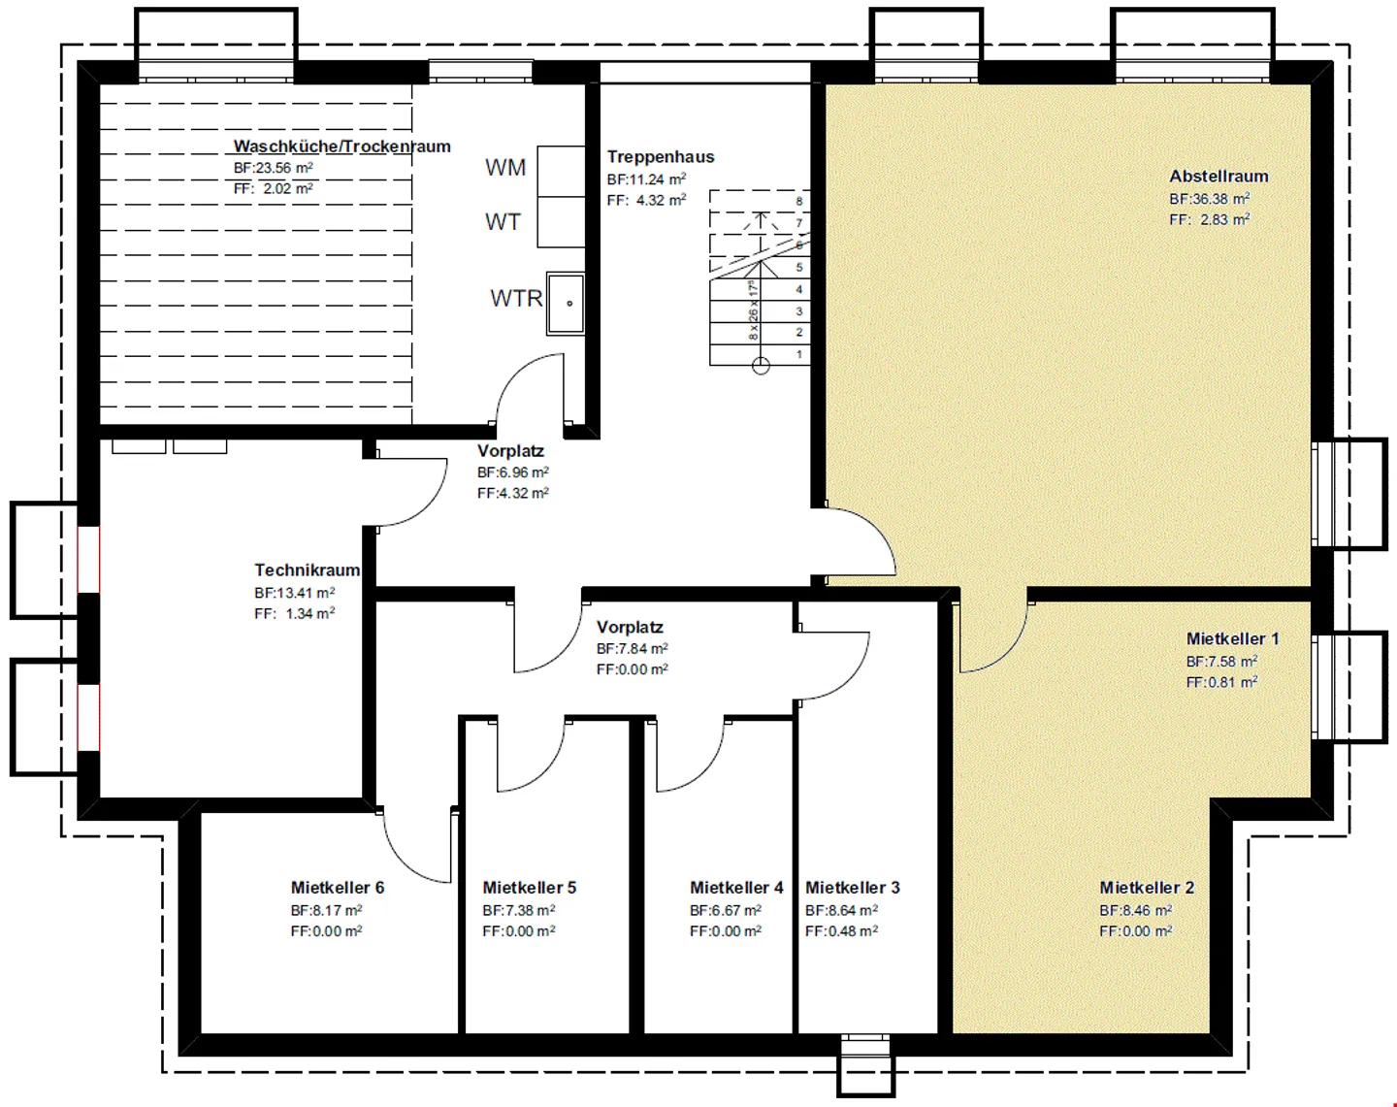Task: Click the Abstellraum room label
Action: coord(1218,176)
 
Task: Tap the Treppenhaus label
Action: coord(661,156)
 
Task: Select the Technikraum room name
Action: coord(307,570)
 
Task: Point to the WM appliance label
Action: coord(505,168)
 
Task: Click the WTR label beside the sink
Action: coord(516,298)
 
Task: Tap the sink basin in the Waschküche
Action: coord(565,304)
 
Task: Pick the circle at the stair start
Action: coord(761,366)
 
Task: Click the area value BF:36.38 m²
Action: coord(1210,199)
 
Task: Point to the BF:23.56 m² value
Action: coord(274,168)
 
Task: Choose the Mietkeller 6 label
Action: coord(337,888)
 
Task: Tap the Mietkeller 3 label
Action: coord(853,888)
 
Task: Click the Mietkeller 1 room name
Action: coord(1233,639)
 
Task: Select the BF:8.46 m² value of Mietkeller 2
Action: coord(1135,910)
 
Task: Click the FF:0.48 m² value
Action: coord(841,931)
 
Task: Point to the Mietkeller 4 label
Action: coord(736,888)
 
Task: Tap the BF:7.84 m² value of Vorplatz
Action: coord(633,648)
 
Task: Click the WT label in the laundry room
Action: coord(503,222)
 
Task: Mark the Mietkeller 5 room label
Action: coord(529,888)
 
